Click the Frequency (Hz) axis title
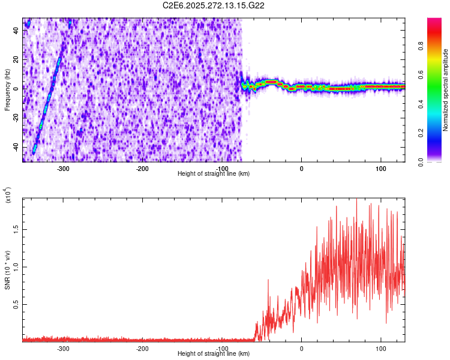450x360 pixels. [7, 89]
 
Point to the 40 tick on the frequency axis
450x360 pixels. [16, 31]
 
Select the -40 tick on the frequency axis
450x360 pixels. [15, 148]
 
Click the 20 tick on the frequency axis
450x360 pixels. [16, 60]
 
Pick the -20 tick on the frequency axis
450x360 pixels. [15, 118]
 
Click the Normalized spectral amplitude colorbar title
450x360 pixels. [446, 90]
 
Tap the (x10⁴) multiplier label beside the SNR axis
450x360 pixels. [7, 196]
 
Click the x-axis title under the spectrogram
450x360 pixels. [214, 173]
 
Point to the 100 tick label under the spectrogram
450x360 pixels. [380, 168]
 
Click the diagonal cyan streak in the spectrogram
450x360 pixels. [48, 90]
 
